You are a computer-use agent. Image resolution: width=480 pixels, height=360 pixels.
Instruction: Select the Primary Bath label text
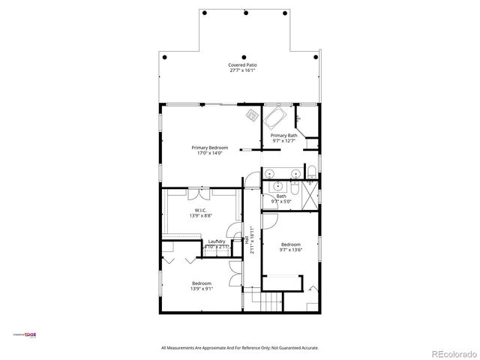coord(283,136)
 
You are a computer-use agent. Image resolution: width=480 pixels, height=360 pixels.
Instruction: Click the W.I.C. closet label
coord(201,210)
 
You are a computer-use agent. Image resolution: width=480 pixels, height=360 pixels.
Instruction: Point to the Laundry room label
coord(217,241)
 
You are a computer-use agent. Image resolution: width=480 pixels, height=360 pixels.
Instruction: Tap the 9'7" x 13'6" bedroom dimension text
coord(290,250)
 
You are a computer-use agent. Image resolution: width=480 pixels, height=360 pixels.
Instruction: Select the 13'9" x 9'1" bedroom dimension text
coord(201,289)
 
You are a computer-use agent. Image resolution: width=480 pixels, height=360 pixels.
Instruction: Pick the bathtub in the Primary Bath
coord(275,119)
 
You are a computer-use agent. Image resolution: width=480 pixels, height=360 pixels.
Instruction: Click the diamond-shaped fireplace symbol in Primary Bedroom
coord(251,115)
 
